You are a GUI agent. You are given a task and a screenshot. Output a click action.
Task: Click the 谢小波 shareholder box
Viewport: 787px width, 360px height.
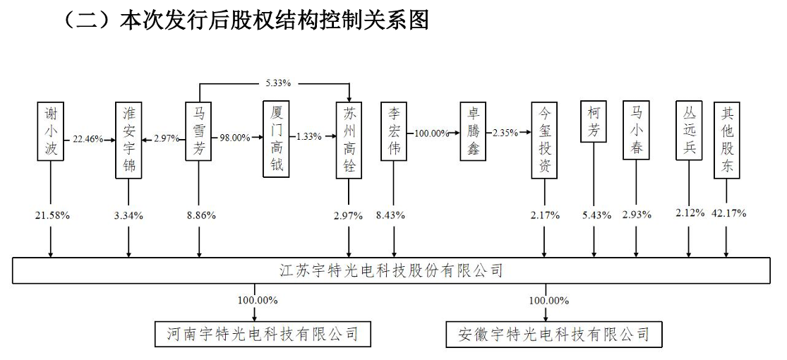[51, 131]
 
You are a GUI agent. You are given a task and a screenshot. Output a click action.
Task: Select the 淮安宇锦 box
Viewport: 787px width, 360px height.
[128, 140]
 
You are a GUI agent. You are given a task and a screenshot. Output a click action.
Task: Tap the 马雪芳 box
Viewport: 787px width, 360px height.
[199, 131]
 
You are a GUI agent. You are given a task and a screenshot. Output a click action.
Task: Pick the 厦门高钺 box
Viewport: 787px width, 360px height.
[277, 139]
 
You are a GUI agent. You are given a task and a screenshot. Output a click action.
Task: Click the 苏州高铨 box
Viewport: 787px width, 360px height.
[349, 140]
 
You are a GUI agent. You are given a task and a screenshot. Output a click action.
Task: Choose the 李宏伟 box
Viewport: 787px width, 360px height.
[394, 131]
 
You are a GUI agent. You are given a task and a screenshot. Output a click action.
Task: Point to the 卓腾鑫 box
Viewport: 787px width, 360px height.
[474, 131]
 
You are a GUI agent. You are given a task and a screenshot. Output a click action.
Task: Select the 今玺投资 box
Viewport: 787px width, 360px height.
[544, 140]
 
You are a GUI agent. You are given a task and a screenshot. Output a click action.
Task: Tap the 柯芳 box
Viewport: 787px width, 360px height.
[594, 122]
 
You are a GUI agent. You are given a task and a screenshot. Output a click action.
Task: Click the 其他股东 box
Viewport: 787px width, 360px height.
[727, 140]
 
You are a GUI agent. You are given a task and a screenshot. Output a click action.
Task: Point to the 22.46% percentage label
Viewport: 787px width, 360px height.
[88, 138]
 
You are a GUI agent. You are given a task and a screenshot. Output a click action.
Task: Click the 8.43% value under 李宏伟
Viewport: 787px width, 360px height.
[390, 216]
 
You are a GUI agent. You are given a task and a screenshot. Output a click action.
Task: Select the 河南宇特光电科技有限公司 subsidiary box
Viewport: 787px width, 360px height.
[263, 334]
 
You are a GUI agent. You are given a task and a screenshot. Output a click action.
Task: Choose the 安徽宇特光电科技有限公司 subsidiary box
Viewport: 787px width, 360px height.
[553, 334]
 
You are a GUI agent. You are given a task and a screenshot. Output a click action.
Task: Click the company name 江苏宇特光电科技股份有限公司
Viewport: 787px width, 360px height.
[391, 272]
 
